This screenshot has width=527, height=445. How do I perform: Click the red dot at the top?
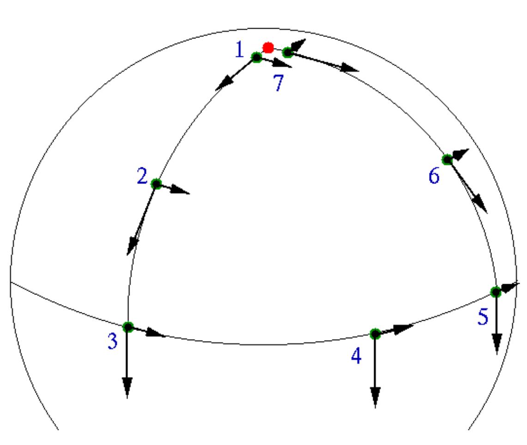268,47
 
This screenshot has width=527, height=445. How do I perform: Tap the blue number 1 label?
239,49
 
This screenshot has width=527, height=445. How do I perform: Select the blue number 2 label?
142,176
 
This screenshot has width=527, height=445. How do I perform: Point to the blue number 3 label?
112,341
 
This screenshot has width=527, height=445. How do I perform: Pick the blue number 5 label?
483,317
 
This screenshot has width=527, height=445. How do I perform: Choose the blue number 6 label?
434,177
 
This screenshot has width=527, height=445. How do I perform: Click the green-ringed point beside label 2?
156,184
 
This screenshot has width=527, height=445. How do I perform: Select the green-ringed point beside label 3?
128,327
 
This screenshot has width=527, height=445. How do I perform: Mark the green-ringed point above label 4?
375,333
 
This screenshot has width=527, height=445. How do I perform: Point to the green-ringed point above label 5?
496,292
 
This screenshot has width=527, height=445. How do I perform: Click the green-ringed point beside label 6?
447,159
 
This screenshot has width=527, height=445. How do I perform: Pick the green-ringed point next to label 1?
256,57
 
